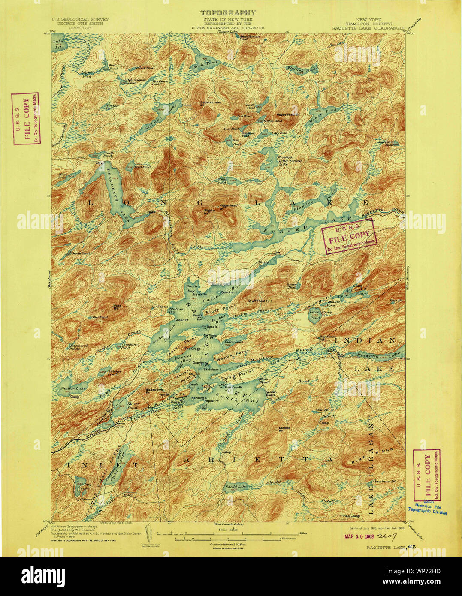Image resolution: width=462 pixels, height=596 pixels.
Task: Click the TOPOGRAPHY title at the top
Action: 228,13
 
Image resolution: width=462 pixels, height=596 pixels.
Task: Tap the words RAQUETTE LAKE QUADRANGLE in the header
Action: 368,27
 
